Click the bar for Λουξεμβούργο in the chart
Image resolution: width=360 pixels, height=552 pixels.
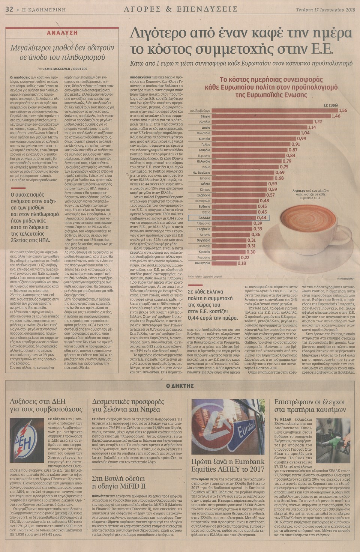(274, 111)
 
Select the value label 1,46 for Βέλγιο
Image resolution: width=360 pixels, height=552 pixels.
(336, 116)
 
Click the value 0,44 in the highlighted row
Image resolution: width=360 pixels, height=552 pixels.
(262, 218)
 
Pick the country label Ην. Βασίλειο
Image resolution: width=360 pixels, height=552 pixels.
(201, 173)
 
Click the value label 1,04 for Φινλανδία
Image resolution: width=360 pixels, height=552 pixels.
(305, 133)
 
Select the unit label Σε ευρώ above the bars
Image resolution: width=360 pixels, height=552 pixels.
(331, 105)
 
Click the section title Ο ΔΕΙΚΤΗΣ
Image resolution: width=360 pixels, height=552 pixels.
(180, 385)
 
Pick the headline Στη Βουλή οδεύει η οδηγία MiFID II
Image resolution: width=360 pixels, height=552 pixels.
(118, 482)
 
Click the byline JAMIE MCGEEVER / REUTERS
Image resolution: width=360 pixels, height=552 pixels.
(62, 69)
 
